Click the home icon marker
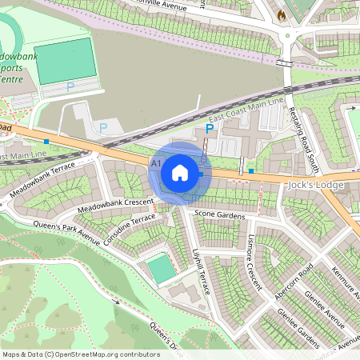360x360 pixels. point(180,173)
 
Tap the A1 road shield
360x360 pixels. point(156,162)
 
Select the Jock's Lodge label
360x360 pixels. point(314,185)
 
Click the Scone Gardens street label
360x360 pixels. point(219,216)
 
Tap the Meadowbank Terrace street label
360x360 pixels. point(42,180)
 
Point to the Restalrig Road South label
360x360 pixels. point(304,139)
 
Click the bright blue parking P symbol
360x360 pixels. point(210,128)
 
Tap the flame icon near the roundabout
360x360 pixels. point(281,14)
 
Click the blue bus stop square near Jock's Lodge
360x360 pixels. point(251,170)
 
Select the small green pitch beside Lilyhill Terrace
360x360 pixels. point(161,270)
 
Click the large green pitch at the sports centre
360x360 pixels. point(66,60)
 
